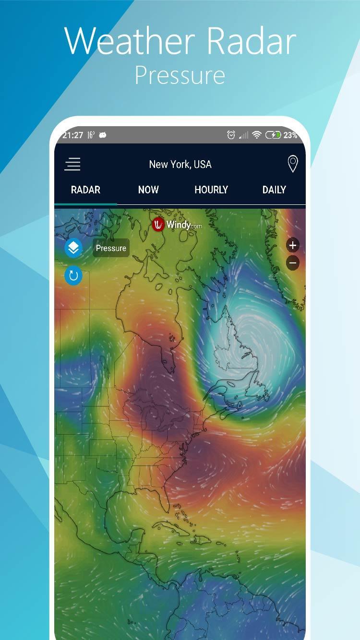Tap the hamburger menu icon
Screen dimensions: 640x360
(72, 165)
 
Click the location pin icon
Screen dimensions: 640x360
(292, 164)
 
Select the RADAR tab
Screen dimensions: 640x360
(85, 190)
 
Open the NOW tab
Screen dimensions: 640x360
(148, 190)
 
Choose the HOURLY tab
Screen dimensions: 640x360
(211, 190)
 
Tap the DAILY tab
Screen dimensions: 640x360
(274, 190)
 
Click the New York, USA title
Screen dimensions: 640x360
(180, 164)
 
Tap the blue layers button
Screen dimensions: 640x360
(73, 248)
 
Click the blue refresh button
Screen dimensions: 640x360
(73, 276)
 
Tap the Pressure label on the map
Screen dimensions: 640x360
(111, 248)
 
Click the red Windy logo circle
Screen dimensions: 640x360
(158, 224)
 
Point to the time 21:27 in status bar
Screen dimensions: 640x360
(72, 135)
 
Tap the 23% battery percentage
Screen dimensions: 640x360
(290, 135)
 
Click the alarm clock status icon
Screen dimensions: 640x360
(231, 135)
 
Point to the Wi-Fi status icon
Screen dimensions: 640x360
(257, 135)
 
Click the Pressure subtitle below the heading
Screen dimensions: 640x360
(180, 75)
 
